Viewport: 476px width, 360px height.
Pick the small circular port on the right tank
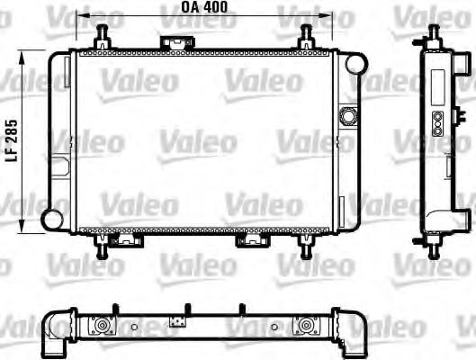pos(347,116)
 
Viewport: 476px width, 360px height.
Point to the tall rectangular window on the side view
pos(437,87)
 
